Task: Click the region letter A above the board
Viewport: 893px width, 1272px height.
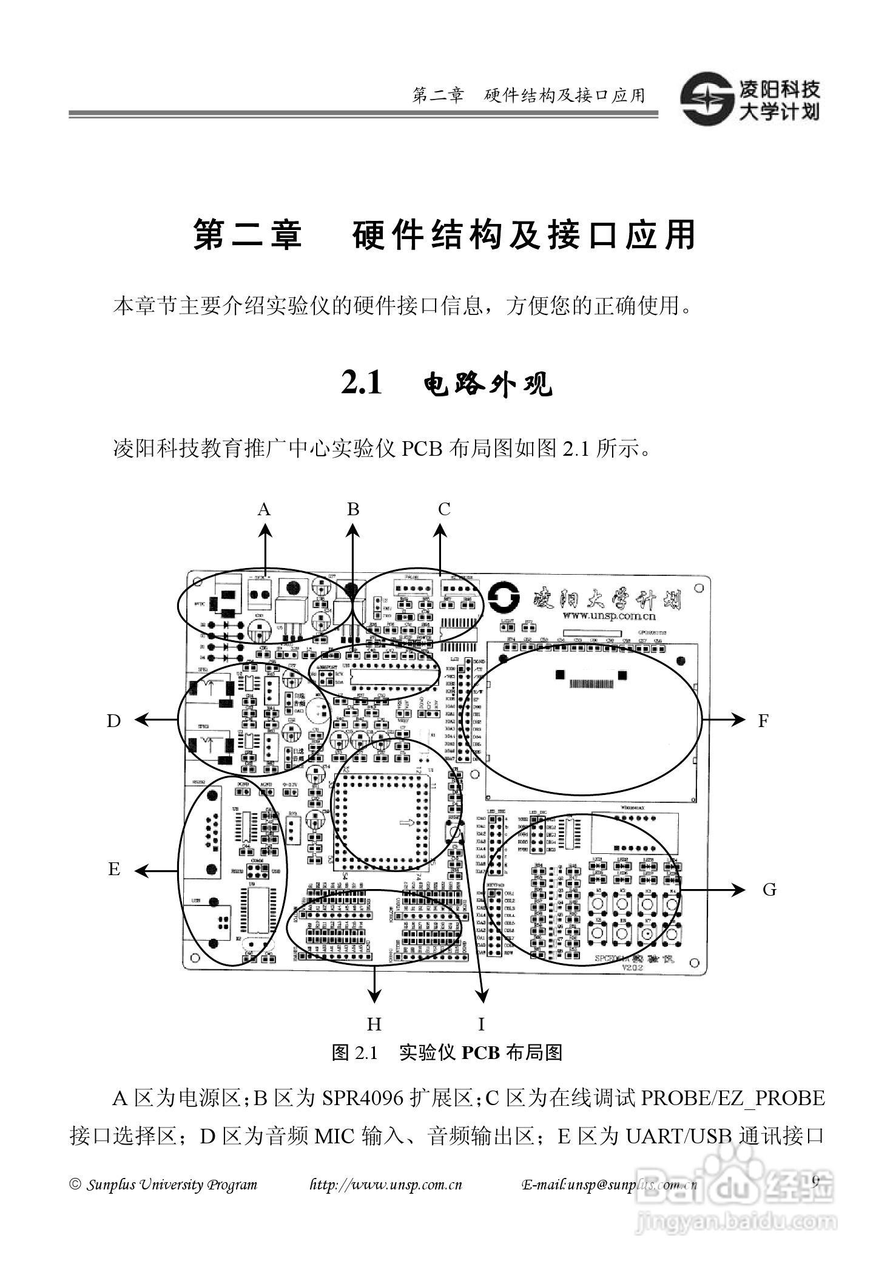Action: (263, 509)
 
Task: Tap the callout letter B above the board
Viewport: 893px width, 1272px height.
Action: (353, 509)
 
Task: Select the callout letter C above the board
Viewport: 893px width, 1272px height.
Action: (444, 509)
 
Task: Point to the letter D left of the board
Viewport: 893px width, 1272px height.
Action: (113, 720)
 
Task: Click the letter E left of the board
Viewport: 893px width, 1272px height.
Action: (114, 869)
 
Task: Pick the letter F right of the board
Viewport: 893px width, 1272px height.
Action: (763, 720)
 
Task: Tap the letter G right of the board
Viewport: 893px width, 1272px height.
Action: (769, 890)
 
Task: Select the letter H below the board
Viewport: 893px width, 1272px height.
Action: (374, 1024)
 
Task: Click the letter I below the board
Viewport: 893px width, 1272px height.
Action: (481, 1024)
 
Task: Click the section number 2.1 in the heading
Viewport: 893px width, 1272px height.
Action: (362, 383)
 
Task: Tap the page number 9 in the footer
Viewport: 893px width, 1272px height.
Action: (815, 1181)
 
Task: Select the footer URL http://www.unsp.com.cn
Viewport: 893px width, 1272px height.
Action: (386, 1185)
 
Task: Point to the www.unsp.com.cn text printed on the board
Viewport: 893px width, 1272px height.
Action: (608, 617)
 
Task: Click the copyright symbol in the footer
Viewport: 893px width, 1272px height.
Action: (75, 1185)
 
